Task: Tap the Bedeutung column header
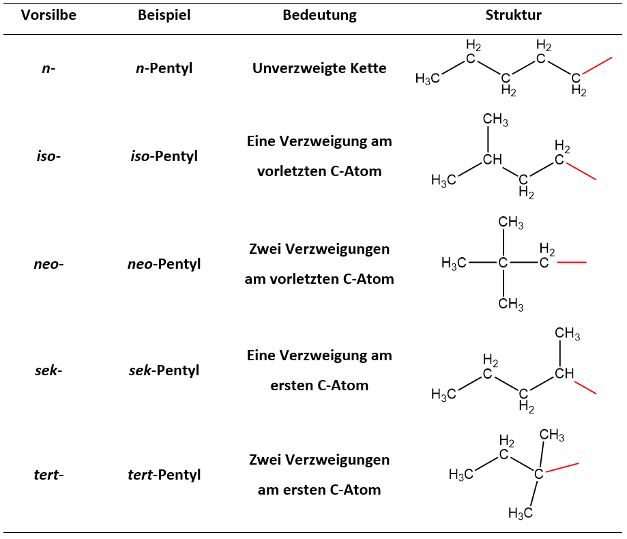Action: click(x=319, y=15)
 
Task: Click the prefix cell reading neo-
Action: click(x=48, y=263)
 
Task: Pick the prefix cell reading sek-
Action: click(x=48, y=370)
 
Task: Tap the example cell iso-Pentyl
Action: click(x=164, y=156)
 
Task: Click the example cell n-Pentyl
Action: click(x=164, y=68)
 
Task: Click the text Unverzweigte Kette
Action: click(x=319, y=68)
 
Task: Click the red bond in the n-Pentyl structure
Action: click(x=598, y=66)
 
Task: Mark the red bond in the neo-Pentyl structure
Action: click(x=571, y=263)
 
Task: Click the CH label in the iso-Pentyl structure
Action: click(x=493, y=160)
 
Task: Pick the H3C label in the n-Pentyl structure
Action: click(x=427, y=79)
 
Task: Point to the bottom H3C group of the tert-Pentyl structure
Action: click(x=520, y=512)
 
